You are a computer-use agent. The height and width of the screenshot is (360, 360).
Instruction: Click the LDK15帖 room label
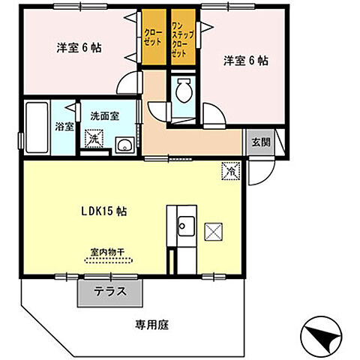click(104, 211)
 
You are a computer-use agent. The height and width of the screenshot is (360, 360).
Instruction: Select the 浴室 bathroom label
click(64, 126)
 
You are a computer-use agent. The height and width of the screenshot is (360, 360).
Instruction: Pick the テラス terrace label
click(109, 292)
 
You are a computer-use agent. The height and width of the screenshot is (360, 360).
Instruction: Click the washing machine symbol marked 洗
click(94, 138)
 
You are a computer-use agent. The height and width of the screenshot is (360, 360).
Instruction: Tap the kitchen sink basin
click(185, 224)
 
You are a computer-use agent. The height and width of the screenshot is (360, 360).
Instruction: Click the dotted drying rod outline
click(109, 261)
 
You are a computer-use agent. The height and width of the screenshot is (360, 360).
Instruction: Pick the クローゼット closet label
click(153, 37)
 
